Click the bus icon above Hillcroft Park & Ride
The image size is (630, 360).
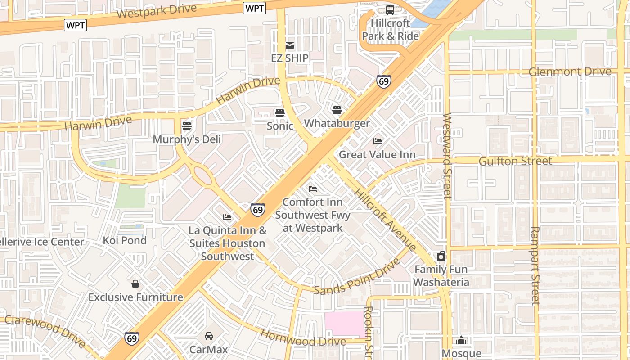(x=390, y=10)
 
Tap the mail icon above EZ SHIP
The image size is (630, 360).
(x=290, y=45)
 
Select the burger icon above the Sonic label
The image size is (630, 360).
(x=280, y=112)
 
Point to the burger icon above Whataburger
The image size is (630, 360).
(x=337, y=110)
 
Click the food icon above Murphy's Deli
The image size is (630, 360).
(x=187, y=126)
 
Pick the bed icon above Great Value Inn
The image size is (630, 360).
(x=378, y=141)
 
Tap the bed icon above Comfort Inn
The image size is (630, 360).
(x=313, y=189)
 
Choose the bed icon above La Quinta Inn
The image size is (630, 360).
(x=227, y=217)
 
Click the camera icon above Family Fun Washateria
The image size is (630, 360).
(x=441, y=256)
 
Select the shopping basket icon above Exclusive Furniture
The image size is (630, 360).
(x=135, y=284)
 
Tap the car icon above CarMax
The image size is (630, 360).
(x=209, y=336)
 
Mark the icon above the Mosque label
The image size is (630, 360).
(x=462, y=340)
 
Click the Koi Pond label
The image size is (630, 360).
(x=125, y=240)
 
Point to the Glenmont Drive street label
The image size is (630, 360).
(x=570, y=72)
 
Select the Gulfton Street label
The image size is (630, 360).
(x=515, y=161)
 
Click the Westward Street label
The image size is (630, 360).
(x=447, y=156)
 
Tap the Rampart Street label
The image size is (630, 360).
(x=535, y=265)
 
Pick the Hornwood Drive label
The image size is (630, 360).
(x=303, y=338)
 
